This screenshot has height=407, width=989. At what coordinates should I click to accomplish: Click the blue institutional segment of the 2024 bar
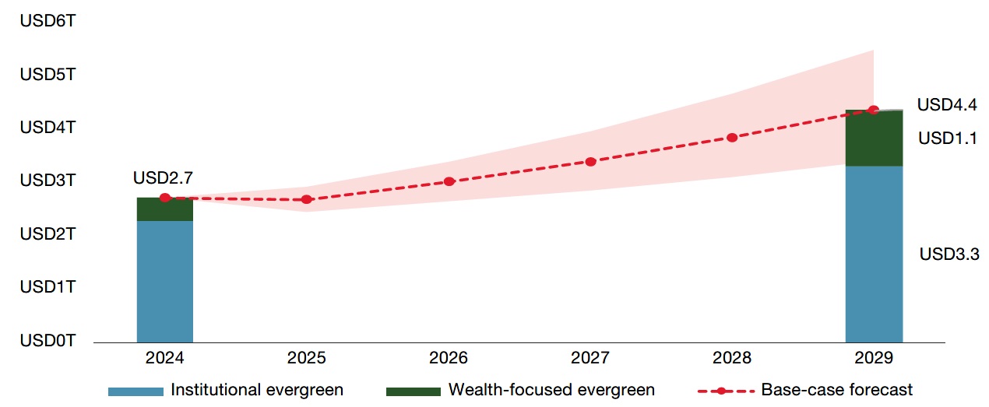coord(165,281)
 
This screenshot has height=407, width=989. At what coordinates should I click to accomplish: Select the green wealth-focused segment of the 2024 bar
coord(165,209)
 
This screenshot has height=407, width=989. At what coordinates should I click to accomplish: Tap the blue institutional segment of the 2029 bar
coord(874,254)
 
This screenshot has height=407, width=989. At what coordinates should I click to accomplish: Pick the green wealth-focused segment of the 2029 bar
coord(874,139)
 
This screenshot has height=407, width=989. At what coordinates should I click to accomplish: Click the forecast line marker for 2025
coord(307,199)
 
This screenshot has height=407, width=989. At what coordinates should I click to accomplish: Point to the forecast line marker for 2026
coord(449,181)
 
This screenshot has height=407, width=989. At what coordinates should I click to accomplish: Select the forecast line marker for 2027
coord(590,161)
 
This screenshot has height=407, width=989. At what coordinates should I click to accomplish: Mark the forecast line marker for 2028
coord(732,138)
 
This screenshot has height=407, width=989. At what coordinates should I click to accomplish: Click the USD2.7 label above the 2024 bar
coord(163,178)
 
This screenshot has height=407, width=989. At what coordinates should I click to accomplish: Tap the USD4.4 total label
coord(946,104)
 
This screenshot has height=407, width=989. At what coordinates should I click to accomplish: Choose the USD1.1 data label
coord(947,139)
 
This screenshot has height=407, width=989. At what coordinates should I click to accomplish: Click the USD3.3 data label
coord(949,254)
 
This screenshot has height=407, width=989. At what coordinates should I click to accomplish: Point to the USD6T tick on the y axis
coord(48,21)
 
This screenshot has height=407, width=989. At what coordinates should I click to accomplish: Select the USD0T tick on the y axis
coord(48,340)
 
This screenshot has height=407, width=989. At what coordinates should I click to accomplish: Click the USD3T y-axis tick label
coord(48,181)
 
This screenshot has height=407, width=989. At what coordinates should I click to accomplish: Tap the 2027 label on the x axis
coord(590,359)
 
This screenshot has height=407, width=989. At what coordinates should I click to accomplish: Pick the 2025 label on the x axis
coord(307,359)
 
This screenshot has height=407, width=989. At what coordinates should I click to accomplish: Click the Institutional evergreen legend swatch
coord(135,390)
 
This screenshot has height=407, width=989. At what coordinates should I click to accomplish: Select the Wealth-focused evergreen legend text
coord(551,389)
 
